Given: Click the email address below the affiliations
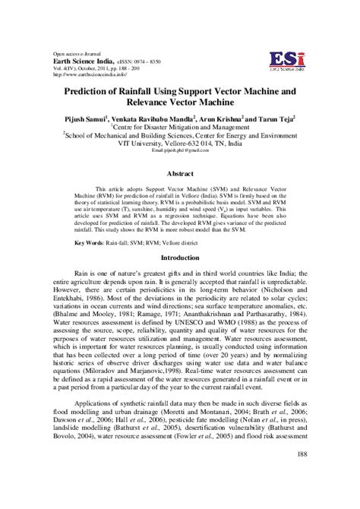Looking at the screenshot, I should coord(180,151).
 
